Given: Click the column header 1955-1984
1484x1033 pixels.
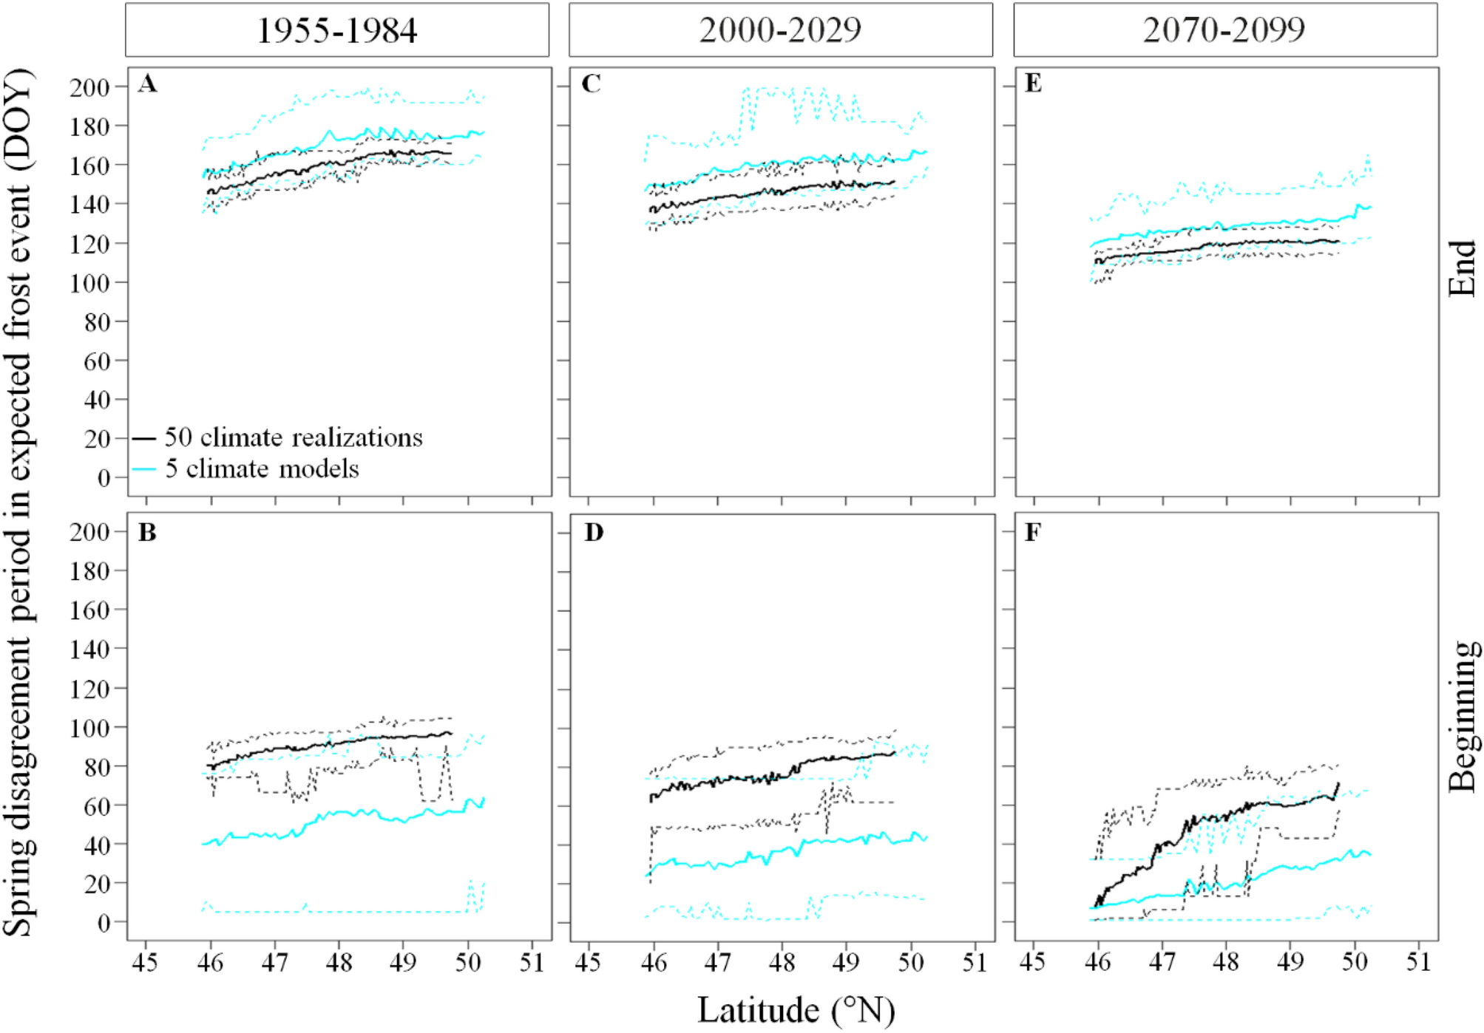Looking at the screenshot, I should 336,30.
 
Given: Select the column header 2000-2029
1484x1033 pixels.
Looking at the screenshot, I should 780,30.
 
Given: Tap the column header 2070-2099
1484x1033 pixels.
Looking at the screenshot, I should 1224,30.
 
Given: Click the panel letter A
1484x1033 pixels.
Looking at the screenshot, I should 147,84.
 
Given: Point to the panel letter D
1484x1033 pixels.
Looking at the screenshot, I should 593,532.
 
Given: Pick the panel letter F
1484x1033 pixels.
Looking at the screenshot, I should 1033,532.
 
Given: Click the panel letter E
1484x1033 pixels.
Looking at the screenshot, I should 1033,84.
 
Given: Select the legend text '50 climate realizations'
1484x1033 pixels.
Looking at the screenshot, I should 294,437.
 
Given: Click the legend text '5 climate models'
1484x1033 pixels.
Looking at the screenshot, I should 262,468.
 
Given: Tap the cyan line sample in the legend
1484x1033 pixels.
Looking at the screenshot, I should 144,468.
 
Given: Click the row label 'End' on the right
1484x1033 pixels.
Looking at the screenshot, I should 1462,267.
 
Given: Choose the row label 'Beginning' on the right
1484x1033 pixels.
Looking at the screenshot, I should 1462,715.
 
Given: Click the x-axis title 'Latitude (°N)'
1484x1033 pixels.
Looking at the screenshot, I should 796,1010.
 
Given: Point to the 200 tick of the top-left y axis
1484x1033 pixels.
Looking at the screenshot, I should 89,87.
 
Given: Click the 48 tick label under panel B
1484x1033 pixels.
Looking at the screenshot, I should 339,963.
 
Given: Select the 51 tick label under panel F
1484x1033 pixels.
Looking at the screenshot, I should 1418,963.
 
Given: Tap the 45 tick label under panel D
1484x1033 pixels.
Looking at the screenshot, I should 589,963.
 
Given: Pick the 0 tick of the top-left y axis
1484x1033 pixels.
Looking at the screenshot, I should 104,478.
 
